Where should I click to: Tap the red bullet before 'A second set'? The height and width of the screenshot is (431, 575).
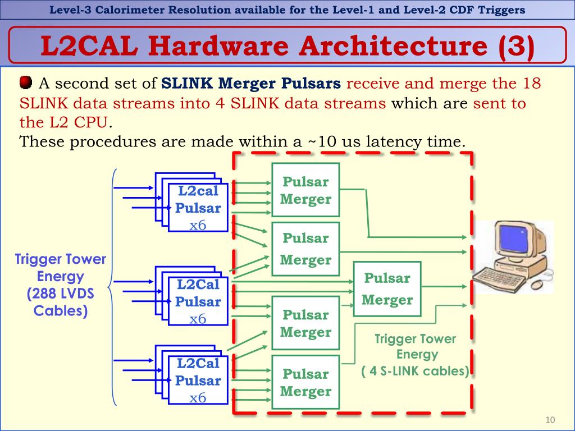click(x=26, y=84)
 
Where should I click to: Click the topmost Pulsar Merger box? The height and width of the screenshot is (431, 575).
click(x=305, y=190)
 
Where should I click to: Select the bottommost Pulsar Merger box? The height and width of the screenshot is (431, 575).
click(x=305, y=382)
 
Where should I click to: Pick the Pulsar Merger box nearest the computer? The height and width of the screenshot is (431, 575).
click(x=387, y=288)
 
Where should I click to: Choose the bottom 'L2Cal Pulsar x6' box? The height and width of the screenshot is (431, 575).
click(x=198, y=380)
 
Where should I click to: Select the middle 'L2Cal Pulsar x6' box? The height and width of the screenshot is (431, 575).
click(x=198, y=301)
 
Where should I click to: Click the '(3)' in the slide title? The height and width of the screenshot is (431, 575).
click(x=515, y=47)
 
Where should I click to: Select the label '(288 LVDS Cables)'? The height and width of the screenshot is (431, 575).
click(x=61, y=302)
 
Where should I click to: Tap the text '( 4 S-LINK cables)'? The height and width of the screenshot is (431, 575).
click(x=416, y=371)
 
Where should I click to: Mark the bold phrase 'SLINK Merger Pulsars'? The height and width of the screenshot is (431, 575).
click(x=251, y=84)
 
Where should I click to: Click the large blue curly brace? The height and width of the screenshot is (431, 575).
click(x=113, y=286)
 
